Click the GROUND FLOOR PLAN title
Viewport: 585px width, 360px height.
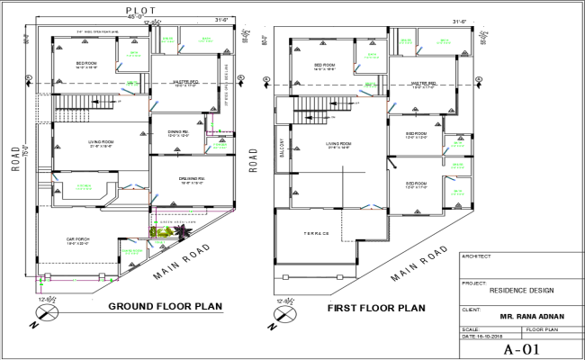pos(165,307)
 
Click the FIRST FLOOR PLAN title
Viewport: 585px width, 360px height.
pos(375,308)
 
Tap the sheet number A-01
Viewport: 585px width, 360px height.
pos(521,349)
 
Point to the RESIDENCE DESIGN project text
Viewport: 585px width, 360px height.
pos(521,290)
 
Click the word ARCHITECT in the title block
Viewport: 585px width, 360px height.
pos(476,256)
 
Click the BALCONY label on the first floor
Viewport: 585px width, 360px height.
pos(281,146)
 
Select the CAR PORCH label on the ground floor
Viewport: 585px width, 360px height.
pos(79,240)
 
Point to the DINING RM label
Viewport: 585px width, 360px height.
pos(180,133)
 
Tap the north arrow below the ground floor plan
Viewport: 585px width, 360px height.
pos(45,311)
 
